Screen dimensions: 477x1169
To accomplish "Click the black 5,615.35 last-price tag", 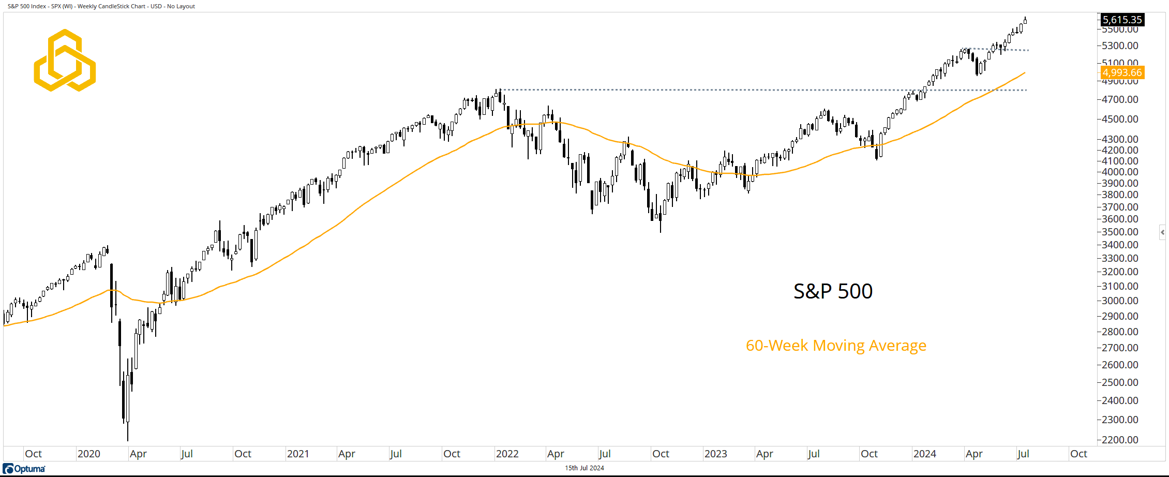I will click(1122, 20).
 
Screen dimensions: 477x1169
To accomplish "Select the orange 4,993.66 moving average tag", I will click(1122, 73).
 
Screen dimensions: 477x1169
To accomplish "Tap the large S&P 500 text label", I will click(833, 291).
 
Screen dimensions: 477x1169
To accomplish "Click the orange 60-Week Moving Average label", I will click(836, 346).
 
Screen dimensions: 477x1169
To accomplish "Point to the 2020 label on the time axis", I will click(88, 454).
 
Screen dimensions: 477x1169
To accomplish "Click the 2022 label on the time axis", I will click(507, 454).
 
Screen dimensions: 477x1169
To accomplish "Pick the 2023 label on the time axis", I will click(715, 454).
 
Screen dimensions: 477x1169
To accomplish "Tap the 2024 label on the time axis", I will click(924, 454).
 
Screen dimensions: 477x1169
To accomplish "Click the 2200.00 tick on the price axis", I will click(1120, 440).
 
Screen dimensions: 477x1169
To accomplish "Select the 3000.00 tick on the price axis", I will click(1120, 301).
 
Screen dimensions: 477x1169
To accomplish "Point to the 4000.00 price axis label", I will click(1120, 172).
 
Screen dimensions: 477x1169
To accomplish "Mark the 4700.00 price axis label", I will click(1120, 99).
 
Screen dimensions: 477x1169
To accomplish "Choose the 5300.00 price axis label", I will click(1120, 46).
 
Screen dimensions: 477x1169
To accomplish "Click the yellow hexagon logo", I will click(65, 61).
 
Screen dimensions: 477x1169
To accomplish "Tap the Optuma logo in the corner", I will click(24, 469).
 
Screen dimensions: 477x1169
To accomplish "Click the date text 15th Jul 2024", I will click(584, 468).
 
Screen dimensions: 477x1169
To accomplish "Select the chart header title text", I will click(101, 6).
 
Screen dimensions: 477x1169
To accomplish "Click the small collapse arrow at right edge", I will click(1162, 232).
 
